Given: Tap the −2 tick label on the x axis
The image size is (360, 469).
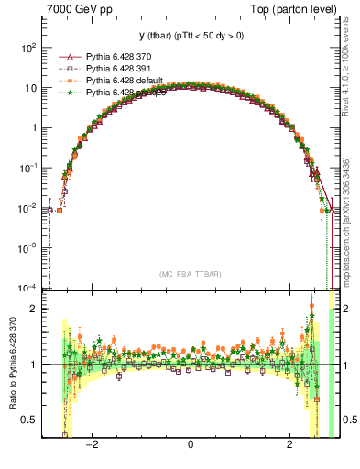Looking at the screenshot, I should pyautogui.click(x=91, y=446).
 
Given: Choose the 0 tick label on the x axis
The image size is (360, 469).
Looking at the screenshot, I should pyautogui.click(x=190, y=446).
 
